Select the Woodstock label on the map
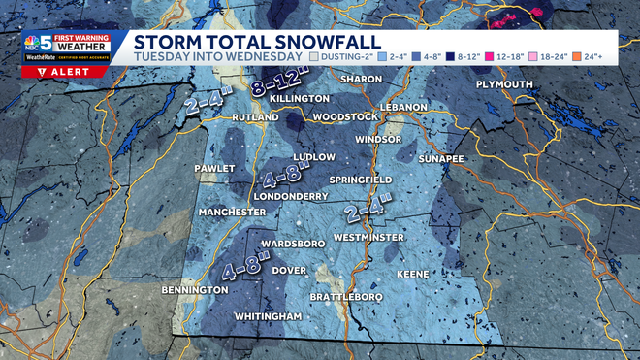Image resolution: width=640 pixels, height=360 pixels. pyautogui.click(x=345, y=117)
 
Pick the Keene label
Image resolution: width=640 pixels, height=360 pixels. pyautogui.click(x=412, y=275)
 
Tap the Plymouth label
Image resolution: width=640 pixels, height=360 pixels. pyautogui.click(x=504, y=85)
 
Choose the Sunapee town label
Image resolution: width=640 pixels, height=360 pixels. pyautogui.click(x=442, y=157)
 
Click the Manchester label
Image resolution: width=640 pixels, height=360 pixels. pyautogui.click(x=232, y=212)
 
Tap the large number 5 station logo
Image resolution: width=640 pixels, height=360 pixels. pyautogui.click(x=46, y=43)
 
